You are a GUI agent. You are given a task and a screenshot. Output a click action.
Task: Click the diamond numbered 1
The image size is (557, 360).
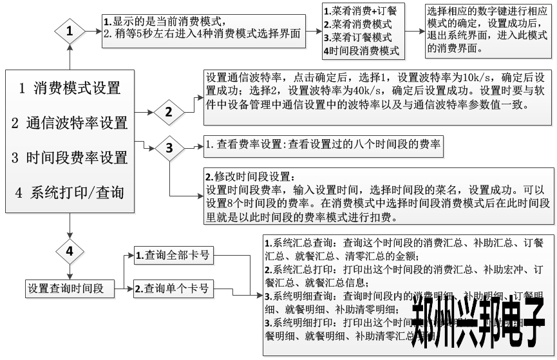pyautogui.click(x=70, y=30)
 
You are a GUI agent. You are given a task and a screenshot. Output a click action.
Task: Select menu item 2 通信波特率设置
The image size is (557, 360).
pyautogui.click(x=70, y=123)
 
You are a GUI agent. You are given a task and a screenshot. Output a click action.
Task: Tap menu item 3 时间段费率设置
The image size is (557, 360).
pyautogui.click(x=70, y=158)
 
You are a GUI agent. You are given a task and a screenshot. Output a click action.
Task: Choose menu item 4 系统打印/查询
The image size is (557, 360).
pyautogui.click(x=70, y=193)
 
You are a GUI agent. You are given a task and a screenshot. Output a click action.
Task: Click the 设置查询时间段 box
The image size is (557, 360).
pyautogui.click(x=65, y=289)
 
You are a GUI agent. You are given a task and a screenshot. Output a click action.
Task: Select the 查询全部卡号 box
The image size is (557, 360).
pyautogui.click(x=173, y=256)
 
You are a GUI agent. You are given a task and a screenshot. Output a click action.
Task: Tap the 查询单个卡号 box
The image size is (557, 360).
pyautogui.click(x=173, y=289)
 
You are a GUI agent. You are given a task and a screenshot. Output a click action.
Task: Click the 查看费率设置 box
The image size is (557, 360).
pyautogui.click(x=323, y=146)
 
